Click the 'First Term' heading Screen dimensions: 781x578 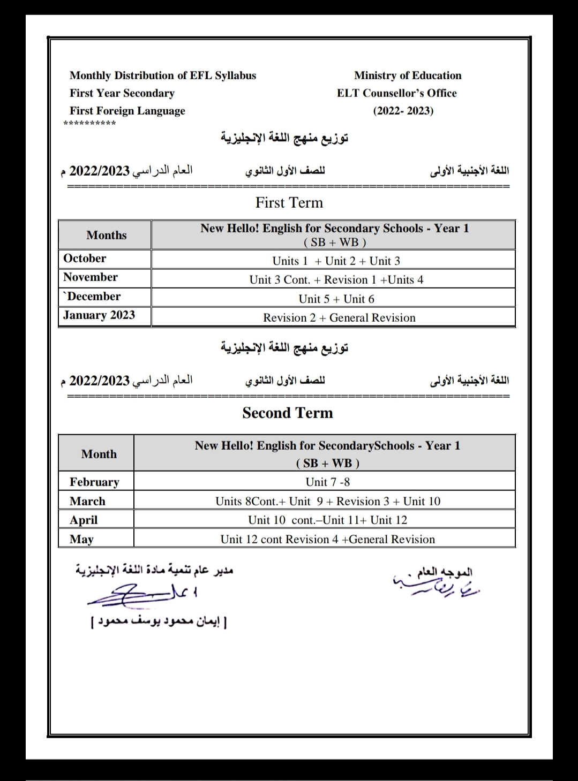(289, 203)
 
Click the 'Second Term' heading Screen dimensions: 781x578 (288, 413)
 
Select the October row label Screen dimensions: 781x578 (85, 259)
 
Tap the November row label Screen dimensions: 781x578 (90, 277)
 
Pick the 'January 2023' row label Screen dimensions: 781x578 (99, 315)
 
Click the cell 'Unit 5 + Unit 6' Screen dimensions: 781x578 (336, 299)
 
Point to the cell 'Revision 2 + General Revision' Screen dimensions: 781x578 (339, 317)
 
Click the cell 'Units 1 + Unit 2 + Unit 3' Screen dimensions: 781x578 (336, 261)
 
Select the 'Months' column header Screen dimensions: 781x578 (107, 235)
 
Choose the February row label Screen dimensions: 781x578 (94, 482)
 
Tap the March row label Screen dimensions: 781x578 (87, 501)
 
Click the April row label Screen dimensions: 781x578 (84, 520)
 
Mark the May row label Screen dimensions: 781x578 (81, 539)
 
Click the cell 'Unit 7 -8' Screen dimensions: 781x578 (327, 482)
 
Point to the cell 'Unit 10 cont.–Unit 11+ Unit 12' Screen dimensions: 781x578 (327, 520)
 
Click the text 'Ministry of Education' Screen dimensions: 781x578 (407, 75)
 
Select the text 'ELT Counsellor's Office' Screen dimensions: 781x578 (396, 93)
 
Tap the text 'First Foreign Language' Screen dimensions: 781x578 (127, 111)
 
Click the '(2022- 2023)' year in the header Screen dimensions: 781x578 (403, 111)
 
